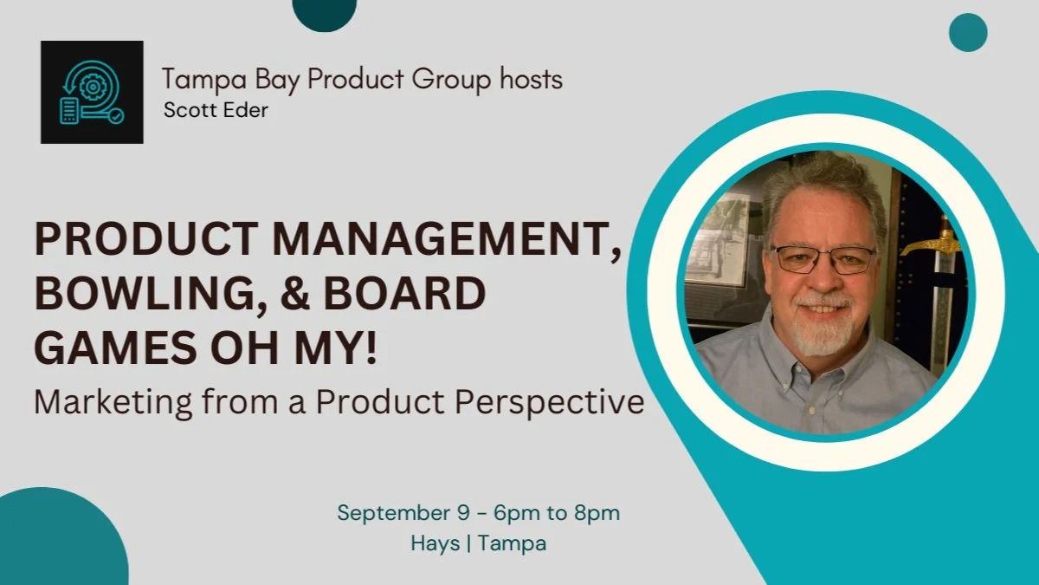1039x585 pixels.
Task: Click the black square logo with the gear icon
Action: (92, 92)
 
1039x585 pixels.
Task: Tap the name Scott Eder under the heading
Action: (216, 111)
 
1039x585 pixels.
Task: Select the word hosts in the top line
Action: (531, 79)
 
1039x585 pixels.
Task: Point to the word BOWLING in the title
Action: (145, 295)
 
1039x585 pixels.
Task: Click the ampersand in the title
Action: (294, 294)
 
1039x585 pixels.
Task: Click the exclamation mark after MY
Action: (371, 348)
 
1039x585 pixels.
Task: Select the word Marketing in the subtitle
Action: (113, 402)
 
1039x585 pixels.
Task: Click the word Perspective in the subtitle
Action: (550, 402)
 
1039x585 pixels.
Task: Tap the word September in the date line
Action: (394, 514)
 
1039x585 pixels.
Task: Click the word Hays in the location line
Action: (435, 543)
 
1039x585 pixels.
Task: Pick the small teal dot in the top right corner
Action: (968, 33)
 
